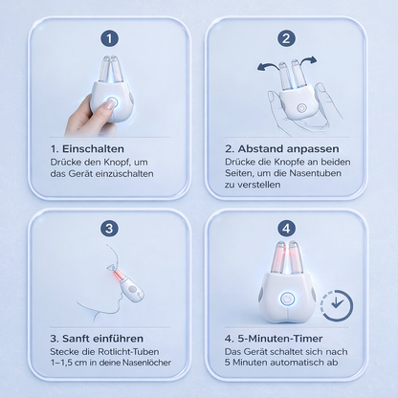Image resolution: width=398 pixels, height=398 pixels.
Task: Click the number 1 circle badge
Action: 109,38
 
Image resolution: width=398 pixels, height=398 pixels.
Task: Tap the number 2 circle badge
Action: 286,38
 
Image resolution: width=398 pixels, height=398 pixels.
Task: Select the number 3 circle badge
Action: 109,229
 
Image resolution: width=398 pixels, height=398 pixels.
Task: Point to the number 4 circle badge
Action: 286,229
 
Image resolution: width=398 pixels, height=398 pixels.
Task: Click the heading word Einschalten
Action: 93,149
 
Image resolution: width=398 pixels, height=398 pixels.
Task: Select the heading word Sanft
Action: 76,339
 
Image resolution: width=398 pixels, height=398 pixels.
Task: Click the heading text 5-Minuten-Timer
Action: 280,339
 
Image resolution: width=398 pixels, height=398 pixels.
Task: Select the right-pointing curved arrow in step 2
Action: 306,60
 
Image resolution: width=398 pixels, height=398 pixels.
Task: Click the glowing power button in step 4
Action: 287,299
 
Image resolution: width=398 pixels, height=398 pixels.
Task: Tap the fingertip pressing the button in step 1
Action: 110,103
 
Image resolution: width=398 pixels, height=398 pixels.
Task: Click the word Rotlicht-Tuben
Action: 128,352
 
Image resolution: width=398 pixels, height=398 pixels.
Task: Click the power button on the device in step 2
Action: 300,108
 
